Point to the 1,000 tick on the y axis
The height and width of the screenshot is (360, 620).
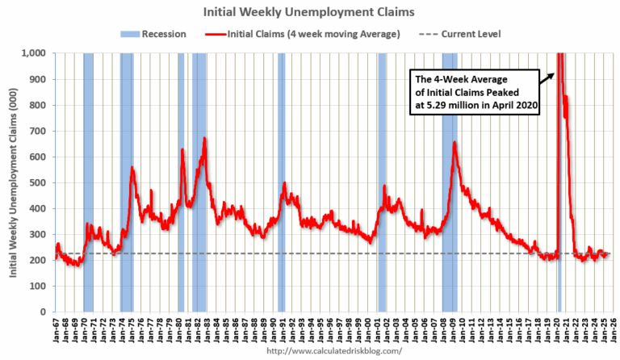pyautogui.click(x=37, y=53)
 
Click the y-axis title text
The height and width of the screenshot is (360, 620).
pyautogui.click(x=15, y=182)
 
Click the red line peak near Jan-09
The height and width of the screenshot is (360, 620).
pyautogui.click(x=455, y=144)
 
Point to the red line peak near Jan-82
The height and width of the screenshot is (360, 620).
pyautogui.click(x=204, y=139)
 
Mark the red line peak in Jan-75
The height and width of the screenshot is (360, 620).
pyautogui.click(x=132, y=168)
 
